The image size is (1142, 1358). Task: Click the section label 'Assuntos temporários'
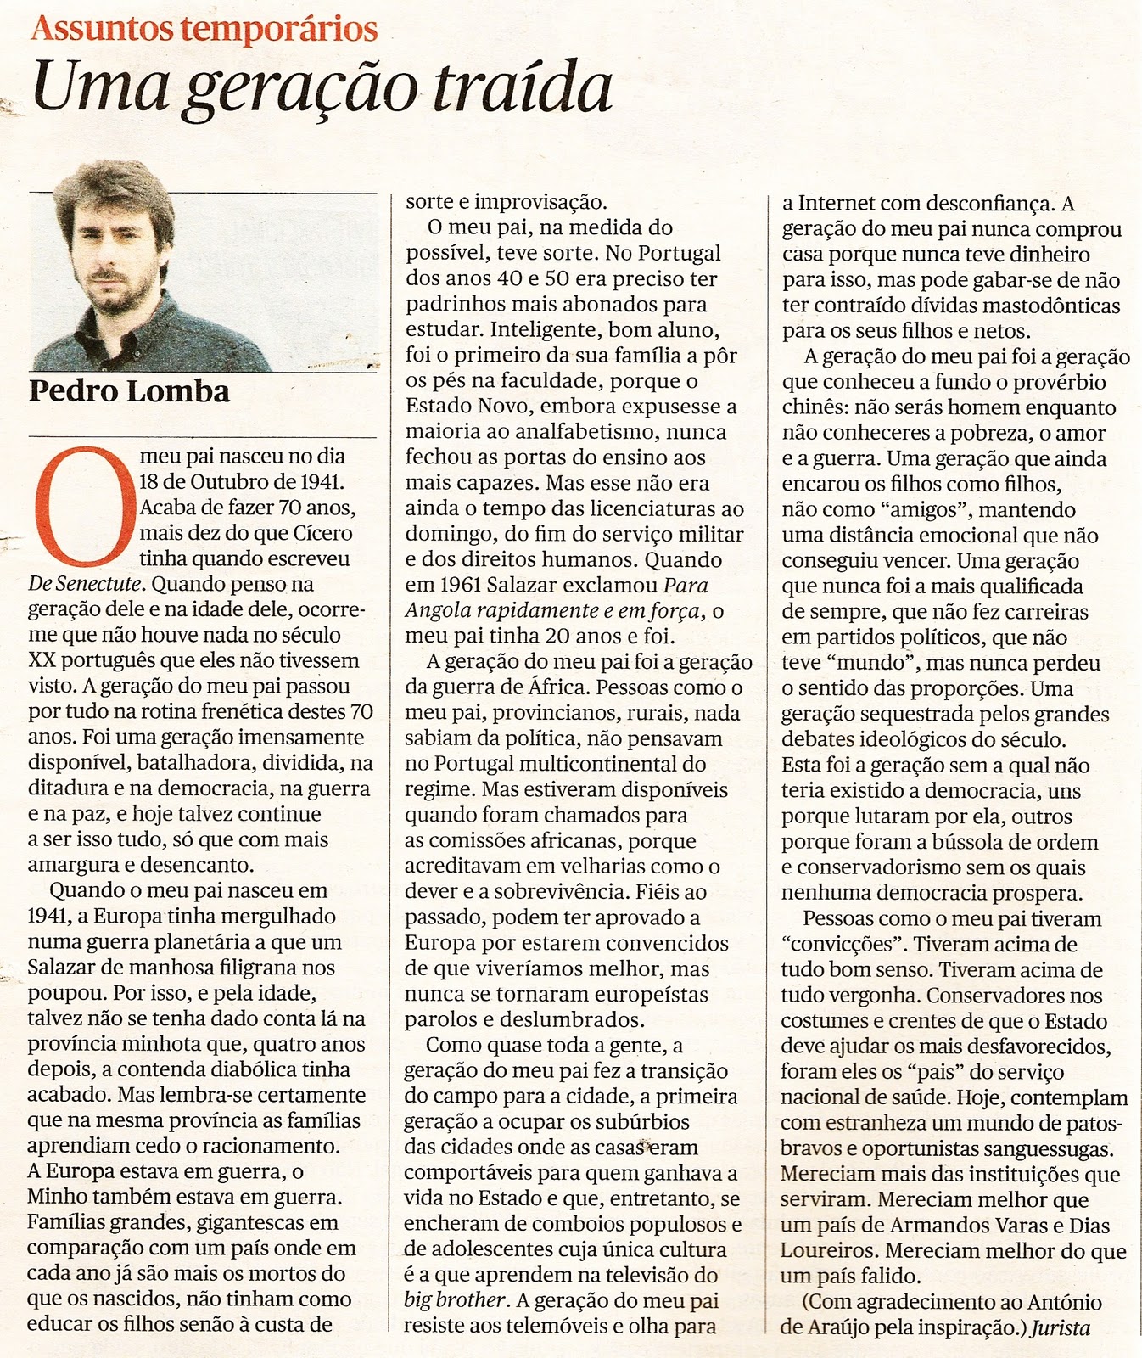coord(204,29)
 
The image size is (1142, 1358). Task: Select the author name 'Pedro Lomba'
coord(129,391)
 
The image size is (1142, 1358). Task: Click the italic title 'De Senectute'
coord(87,584)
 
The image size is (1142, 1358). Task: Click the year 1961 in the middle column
coord(460,586)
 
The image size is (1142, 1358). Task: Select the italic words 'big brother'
coord(455,1300)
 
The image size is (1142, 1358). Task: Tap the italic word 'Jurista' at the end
coord(1060,1327)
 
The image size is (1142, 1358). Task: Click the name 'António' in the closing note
coord(1063,1302)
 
